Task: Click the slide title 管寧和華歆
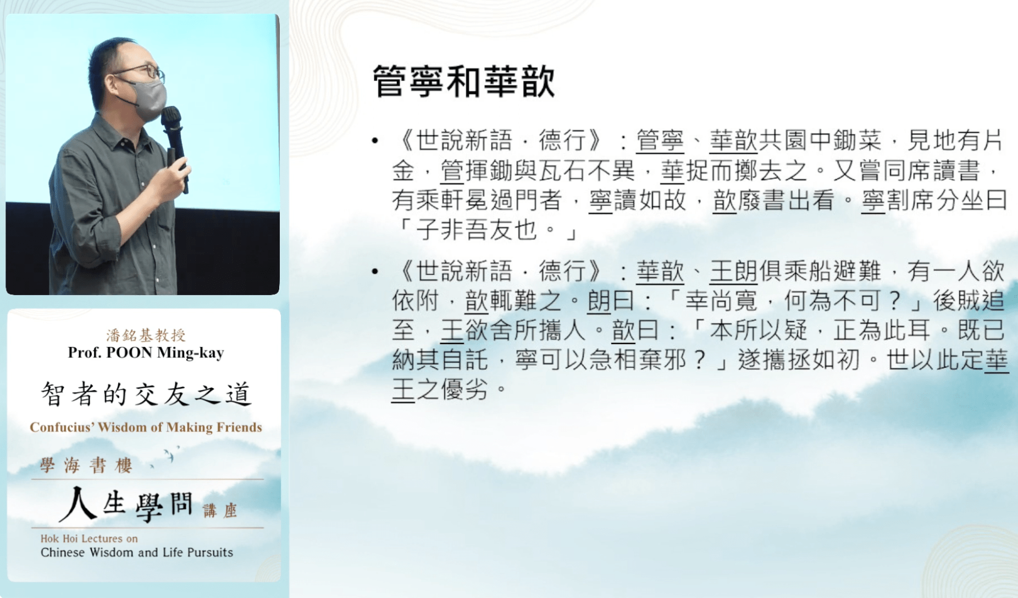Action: click(x=463, y=82)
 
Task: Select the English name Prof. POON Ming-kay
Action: click(x=146, y=352)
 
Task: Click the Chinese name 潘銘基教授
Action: click(x=146, y=335)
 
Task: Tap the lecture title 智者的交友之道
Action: click(x=146, y=394)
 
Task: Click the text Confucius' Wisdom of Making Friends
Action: click(x=146, y=427)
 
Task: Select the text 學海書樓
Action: click(x=86, y=466)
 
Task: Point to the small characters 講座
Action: click(x=220, y=511)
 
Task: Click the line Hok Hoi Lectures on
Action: click(x=89, y=539)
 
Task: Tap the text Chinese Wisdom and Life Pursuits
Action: click(x=137, y=552)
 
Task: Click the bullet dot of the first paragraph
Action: click(x=375, y=141)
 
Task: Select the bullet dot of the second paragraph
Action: click(x=375, y=271)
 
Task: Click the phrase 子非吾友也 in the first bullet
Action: click(x=476, y=230)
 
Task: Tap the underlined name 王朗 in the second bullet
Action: click(x=733, y=271)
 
